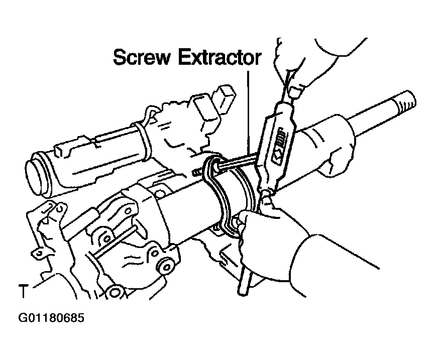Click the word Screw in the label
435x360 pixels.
(141, 57)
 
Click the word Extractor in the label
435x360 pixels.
(219, 57)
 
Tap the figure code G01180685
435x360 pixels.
(51, 318)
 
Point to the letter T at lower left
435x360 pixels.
(23, 291)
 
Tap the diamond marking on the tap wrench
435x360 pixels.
(278, 157)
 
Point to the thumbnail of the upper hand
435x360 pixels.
(295, 92)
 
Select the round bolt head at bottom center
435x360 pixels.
(166, 267)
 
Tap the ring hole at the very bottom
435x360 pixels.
(115, 292)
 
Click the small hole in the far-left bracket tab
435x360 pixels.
(39, 253)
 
